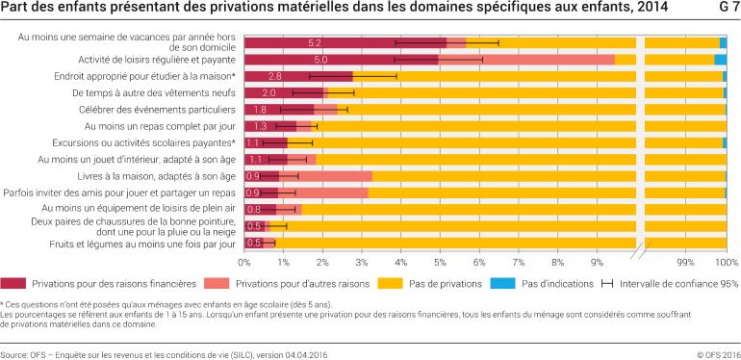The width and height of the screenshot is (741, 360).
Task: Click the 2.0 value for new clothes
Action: [x=269, y=93]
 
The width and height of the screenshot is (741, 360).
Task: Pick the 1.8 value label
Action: [x=260, y=110]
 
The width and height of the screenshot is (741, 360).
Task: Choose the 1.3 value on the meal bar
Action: [x=261, y=126]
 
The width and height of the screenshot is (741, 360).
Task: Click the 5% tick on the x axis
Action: [x=440, y=262]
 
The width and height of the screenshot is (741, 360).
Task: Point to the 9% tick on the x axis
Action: [x=597, y=262]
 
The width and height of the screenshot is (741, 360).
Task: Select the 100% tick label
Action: [x=727, y=262]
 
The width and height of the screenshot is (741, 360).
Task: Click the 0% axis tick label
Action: [x=244, y=262]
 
